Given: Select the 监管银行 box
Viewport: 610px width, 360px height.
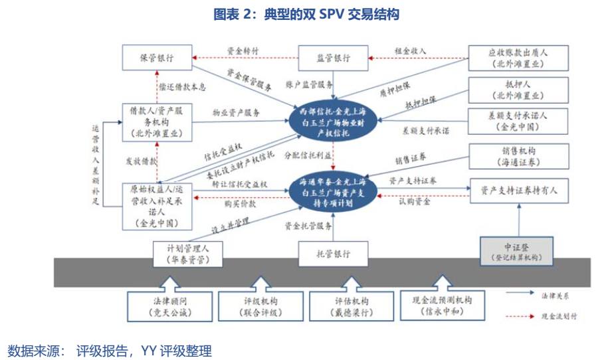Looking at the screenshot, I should point(332,58).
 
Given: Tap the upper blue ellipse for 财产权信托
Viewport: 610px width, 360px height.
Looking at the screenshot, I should point(332,120).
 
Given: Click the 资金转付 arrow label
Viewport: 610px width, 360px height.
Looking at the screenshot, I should point(243,50).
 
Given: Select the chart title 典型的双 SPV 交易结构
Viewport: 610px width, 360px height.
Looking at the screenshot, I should point(306,14).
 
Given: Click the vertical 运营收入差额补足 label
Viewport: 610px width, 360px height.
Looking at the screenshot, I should point(96,164).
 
